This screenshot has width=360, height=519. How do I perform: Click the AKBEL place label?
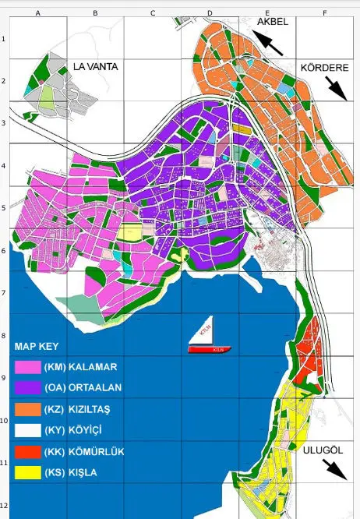(x=273, y=22)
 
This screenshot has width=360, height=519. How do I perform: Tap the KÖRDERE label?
(x=323, y=69)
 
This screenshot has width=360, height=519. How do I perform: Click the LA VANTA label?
(x=95, y=67)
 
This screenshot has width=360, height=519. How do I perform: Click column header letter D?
(x=210, y=13)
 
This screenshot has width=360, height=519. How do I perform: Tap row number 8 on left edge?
(x=4, y=334)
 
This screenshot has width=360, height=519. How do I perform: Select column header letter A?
(x=38, y=13)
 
